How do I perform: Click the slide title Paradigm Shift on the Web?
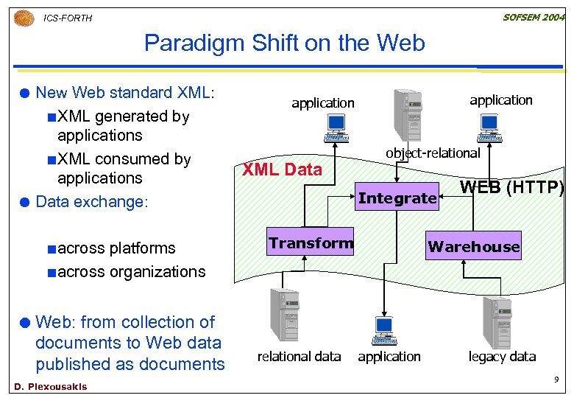point(284,43)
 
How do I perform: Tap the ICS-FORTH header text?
point(68,18)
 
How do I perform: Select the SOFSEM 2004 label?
point(534,17)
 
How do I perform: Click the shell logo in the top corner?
point(24,18)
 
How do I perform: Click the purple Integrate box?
point(397,198)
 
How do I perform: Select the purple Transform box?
point(310,243)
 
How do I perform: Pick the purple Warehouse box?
point(473,246)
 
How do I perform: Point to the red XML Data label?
point(282,170)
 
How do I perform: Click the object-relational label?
point(433,153)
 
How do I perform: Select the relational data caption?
point(299,356)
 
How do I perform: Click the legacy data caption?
point(502,356)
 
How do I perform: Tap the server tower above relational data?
point(283,315)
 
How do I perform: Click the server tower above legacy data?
point(496,321)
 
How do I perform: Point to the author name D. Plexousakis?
point(50,387)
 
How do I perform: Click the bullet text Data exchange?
point(92,201)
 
